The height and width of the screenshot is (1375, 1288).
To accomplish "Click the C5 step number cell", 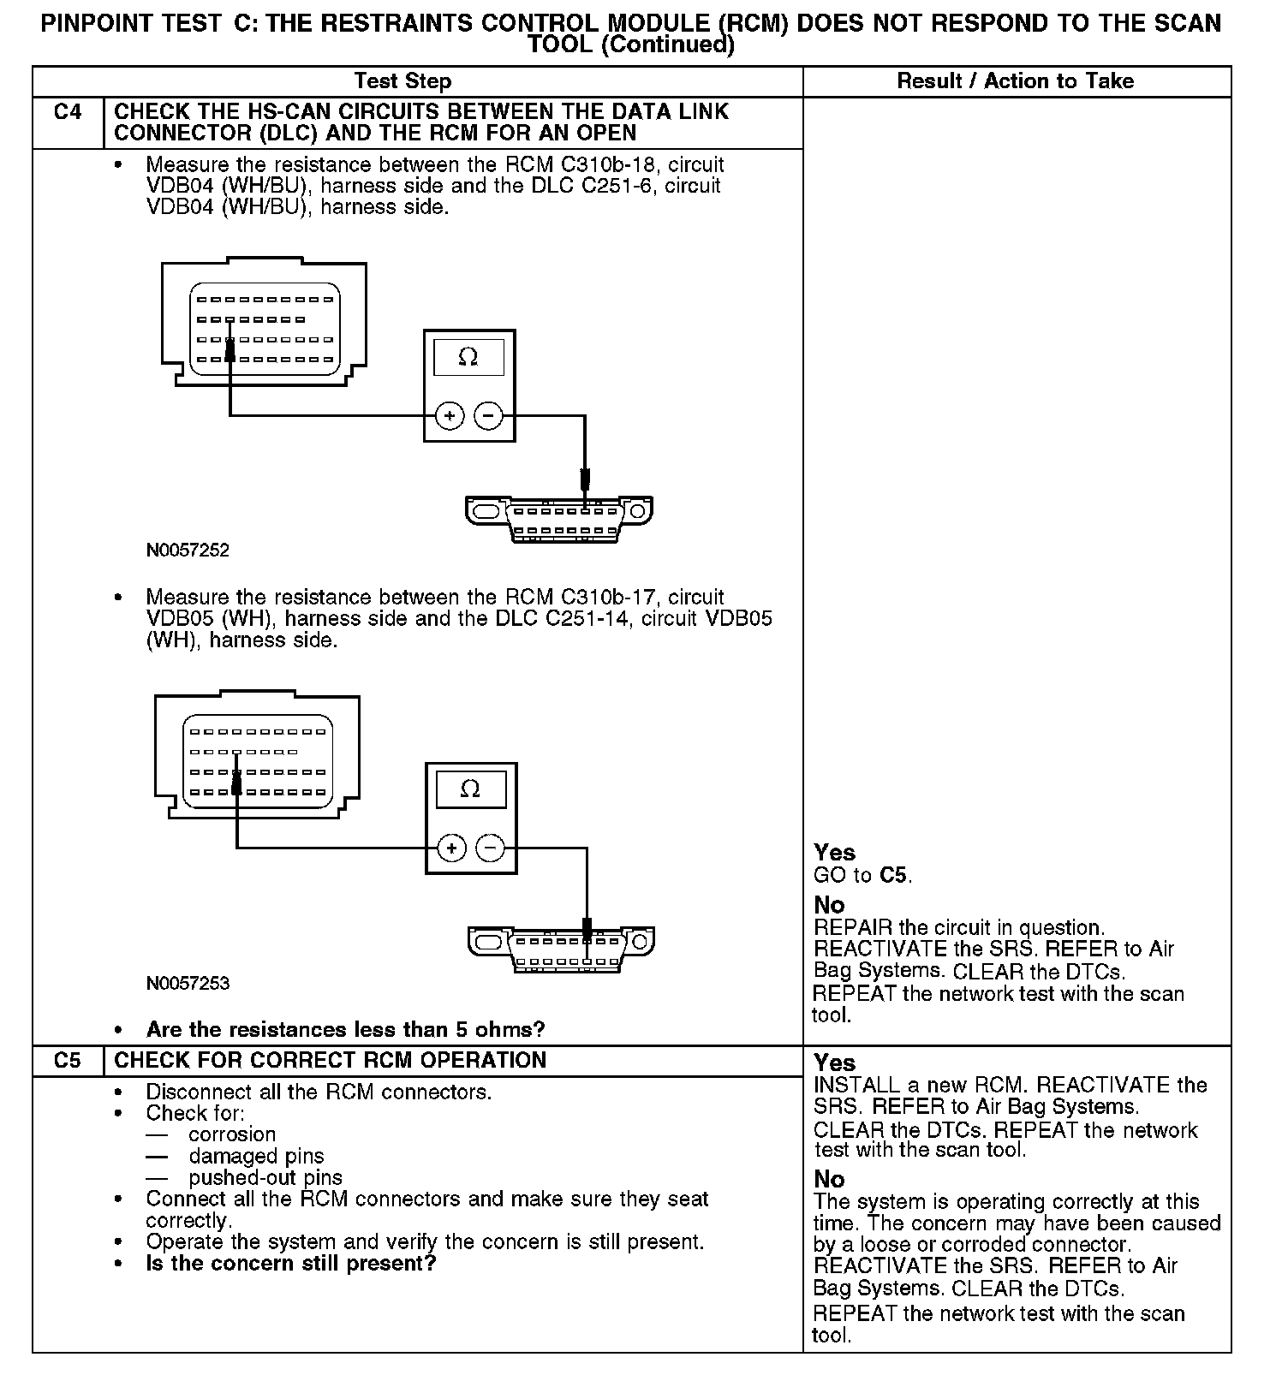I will point(68,1060).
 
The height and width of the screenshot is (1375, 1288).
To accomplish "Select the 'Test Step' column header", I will point(402,81).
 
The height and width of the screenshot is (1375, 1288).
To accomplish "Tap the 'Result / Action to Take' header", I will point(1015,81).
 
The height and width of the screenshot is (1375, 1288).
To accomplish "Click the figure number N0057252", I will point(188,551).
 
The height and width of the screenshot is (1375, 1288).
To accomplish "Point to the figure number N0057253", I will point(188,983).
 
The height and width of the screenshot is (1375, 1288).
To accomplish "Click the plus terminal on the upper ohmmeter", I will point(450,417).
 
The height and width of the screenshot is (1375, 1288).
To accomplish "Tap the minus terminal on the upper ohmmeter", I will point(488,417).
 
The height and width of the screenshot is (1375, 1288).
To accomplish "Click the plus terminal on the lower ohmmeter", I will point(451,848).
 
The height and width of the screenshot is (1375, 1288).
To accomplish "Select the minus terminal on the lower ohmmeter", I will point(490,848).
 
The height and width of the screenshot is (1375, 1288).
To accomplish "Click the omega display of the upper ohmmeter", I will point(468,357).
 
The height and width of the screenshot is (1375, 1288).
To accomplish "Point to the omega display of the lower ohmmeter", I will point(470,789).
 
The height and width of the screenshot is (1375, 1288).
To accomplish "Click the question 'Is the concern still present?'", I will point(291,1264).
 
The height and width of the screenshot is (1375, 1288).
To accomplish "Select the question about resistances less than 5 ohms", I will point(345,1029).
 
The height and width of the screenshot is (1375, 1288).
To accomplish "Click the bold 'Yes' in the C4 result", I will point(835,853).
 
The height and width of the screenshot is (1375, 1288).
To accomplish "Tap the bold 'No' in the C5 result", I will point(829,1179).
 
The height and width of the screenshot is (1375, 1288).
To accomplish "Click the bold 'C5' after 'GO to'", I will point(893,875).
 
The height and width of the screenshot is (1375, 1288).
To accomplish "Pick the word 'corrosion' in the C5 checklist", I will point(232,1134).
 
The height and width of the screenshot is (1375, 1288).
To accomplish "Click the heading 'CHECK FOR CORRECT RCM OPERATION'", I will point(330,1060).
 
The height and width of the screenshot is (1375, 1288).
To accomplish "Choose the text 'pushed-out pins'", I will point(265,1178).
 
